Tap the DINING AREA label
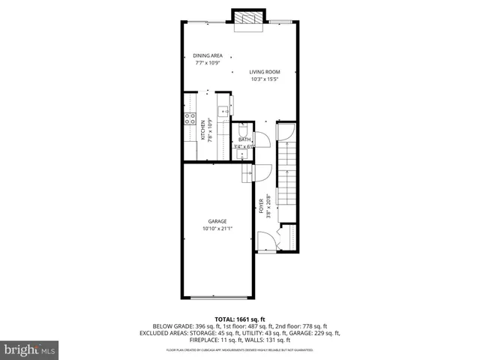pyautogui.click(x=207, y=55)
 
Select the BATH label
pyautogui.click(x=244, y=139)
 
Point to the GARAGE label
pyautogui.click(x=217, y=221)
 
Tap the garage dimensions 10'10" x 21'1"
pyautogui.click(x=217, y=229)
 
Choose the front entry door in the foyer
pyautogui.click(x=265, y=241)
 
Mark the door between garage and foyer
pyautogui.click(x=247, y=174)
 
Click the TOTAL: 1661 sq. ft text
pyautogui.click(x=239, y=319)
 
